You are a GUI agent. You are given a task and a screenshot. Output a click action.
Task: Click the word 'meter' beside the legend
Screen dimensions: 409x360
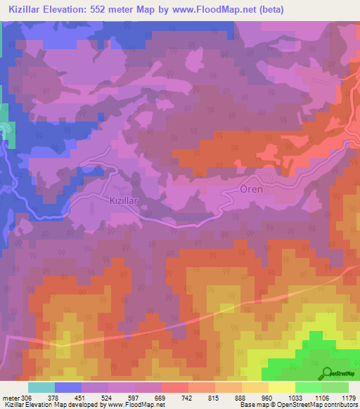pyautogui.click(x=11, y=396)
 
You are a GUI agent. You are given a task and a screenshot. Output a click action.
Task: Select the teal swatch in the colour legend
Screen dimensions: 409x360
pyautogui.click(x=41, y=387)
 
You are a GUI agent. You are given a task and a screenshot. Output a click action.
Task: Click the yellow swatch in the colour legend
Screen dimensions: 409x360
pyautogui.click(x=281, y=387)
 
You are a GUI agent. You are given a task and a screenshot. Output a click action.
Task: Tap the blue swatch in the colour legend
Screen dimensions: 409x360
pyautogui.click(x=67, y=387)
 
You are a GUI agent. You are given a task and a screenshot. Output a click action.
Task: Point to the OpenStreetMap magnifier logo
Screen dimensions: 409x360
pyautogui.click(x=327, y=372)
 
